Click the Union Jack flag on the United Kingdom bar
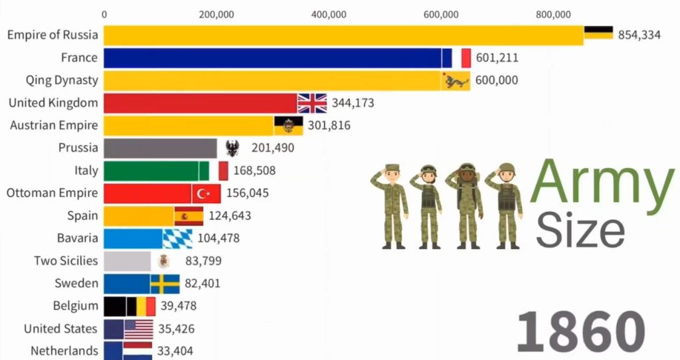click(312, 103)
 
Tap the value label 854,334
click(639, 35)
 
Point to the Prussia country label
click(78, 148)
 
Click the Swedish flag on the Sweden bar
click(165, 284)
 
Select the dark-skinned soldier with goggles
click(468, 205)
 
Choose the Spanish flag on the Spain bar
click(189, 216)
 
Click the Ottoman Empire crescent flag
click(206, 193)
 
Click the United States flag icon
click(138, 329)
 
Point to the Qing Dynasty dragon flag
click(456, 80)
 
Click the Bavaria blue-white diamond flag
click(177, 238)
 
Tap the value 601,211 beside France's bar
click(497, 58)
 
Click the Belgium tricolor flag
click(140, 306)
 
